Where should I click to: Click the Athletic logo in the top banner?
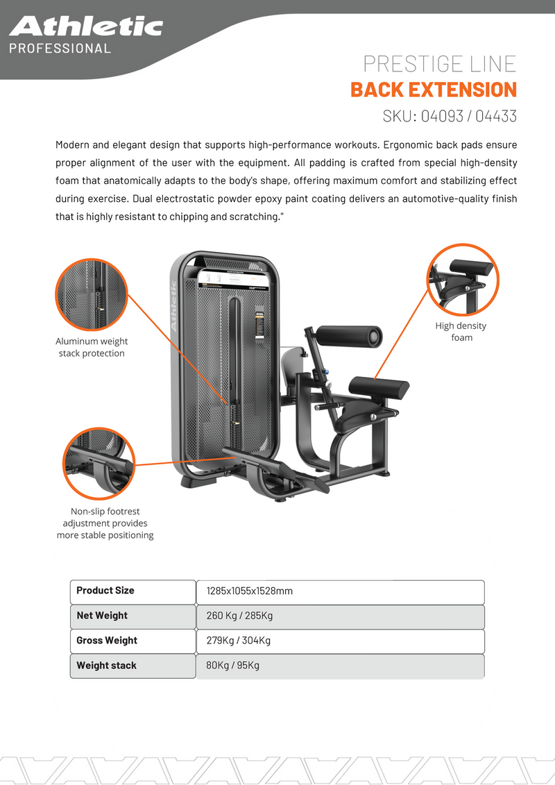[85, 26]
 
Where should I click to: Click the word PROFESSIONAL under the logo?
[60, 49]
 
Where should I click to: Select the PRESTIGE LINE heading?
[440, 64]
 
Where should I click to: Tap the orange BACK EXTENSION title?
[434, 90]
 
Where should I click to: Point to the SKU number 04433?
[496, 116]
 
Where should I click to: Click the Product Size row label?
[105, 591]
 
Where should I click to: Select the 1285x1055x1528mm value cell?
[340, 591]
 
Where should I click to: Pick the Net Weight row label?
[102, 616]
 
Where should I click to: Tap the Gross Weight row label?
[107, 641]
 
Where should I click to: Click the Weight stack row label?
[106, 666]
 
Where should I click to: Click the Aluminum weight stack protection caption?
[92, 347]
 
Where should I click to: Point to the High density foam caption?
[461, 332]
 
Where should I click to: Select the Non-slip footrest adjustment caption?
[105, 523]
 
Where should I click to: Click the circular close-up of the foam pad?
[463, 280]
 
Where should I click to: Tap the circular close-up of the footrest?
[99, 463]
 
